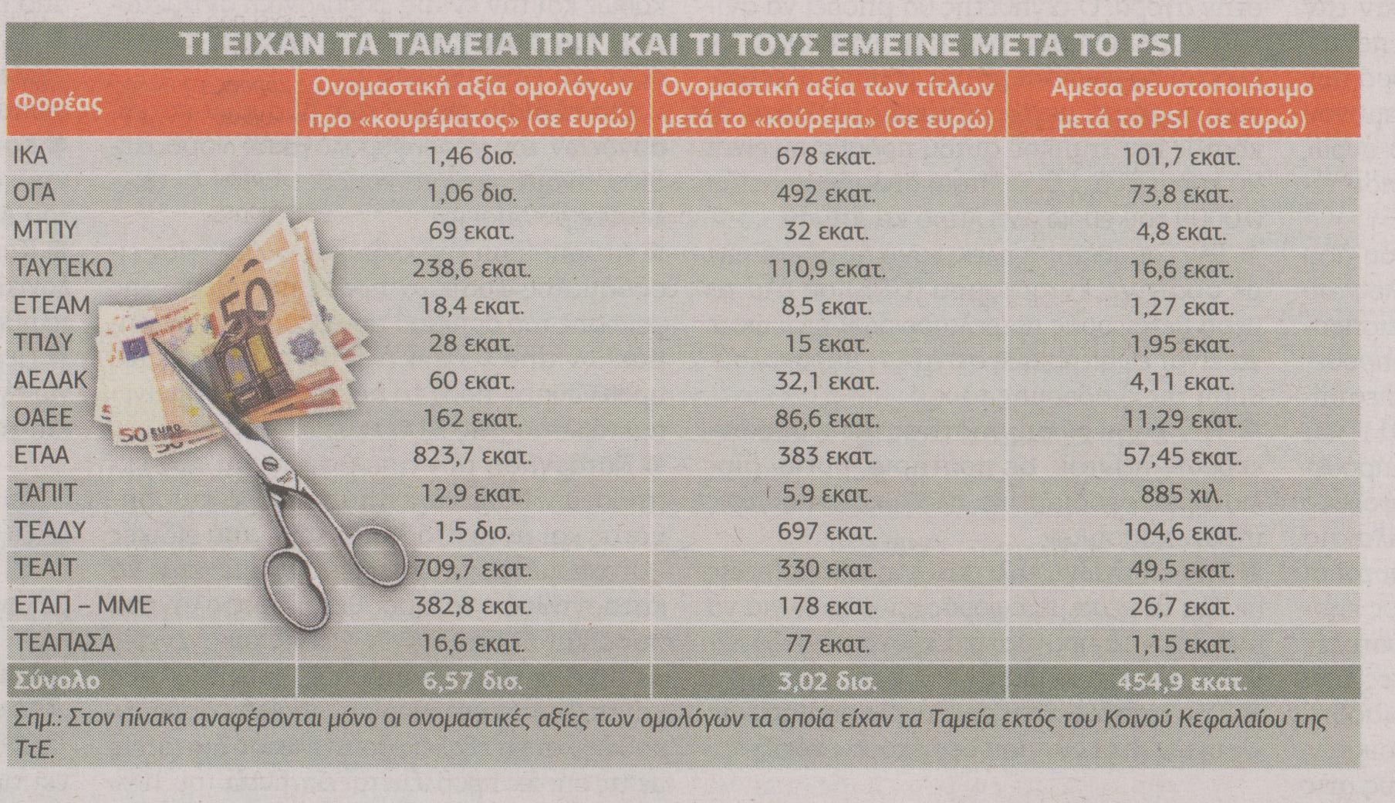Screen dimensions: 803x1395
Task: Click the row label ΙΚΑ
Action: (31, 156)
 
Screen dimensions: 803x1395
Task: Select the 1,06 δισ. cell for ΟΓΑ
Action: (471, 193)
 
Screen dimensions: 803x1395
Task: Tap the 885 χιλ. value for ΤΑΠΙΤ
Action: (1181, 494)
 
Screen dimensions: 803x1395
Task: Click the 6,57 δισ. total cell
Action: (471, 682)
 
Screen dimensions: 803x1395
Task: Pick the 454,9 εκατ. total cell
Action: (1181, 682)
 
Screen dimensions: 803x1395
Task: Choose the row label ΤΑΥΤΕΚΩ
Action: (63, 268)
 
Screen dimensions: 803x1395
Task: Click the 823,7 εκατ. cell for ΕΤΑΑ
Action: (471, 456)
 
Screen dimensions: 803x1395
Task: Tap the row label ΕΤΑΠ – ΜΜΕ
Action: (83, 605)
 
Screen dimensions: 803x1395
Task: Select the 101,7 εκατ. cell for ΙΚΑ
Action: (1181, 157)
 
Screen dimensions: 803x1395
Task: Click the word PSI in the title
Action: (1152, 46)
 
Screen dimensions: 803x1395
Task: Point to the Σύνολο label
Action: (57, 682)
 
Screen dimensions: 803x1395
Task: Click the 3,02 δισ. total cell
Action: (826, 682)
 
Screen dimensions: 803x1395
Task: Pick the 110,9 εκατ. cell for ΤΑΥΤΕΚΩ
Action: (826, 269)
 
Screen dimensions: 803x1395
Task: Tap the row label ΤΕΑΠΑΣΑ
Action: (65, 642)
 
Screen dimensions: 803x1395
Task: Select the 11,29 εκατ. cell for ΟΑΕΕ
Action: (1181, 419)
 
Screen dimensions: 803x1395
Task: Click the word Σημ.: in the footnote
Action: (38, 720)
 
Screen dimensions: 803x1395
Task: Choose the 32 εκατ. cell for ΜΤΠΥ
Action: (826, 231)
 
